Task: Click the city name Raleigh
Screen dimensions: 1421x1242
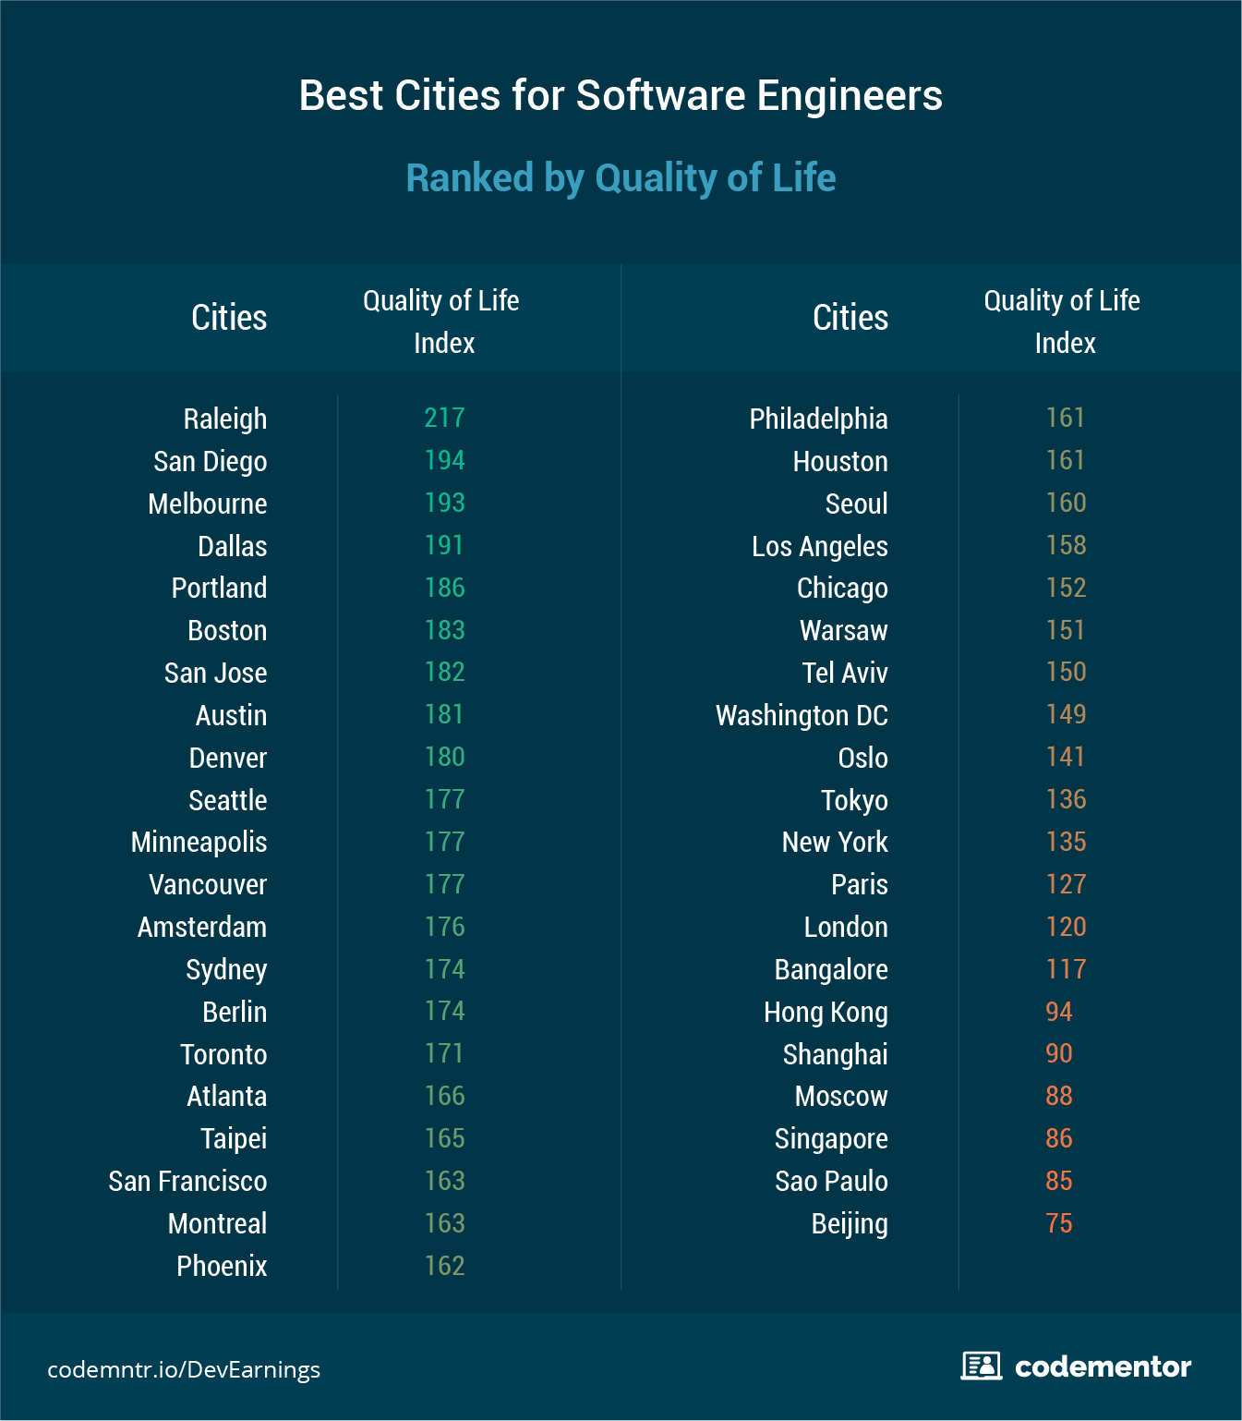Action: (224, 419)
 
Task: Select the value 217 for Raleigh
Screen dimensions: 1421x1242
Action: (444, 418)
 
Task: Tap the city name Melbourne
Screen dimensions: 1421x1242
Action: (207, 504)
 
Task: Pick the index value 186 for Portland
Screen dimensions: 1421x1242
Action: (444, 588)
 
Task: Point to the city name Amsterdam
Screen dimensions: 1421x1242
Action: (201, 927)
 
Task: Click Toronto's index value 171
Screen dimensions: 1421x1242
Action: (444, 1053)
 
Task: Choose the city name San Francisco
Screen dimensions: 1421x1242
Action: (187, 1181)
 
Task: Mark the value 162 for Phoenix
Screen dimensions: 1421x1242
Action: (444, 1266)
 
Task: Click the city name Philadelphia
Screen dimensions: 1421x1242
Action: (818, 419)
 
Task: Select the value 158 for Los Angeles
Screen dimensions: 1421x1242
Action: (1066, 545)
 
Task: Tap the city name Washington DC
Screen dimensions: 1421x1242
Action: (802, 715)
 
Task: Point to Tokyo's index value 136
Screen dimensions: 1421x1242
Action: (1066, 799)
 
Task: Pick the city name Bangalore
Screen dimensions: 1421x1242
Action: (831, 969)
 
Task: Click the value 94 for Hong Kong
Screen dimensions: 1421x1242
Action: (1059, 1012)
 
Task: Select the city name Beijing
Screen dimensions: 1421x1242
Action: (850, 1223)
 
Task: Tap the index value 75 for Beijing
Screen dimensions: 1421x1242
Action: (1059, 1223)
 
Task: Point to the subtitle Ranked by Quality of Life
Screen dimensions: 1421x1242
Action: (621, 177)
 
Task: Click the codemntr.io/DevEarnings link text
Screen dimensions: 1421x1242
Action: (184, 1369)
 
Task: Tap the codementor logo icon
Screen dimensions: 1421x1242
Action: (981, 1366)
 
